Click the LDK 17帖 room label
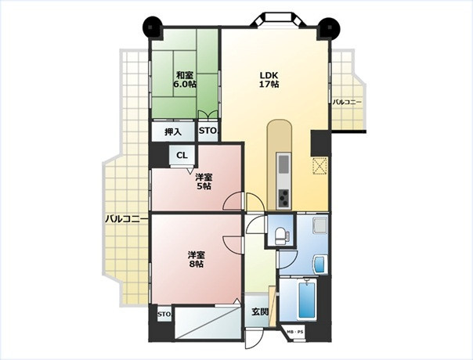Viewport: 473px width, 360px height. (x=269, y=80)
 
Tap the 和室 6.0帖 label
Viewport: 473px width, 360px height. (x=185, y=79)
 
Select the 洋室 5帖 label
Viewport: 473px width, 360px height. (x=204, y=182)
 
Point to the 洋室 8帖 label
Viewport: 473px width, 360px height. (x=197, y=259)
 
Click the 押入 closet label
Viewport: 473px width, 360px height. (x=173, y=131)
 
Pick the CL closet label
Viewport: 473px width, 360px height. (x=182, y=155)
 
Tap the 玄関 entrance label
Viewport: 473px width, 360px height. (x=260, y=311)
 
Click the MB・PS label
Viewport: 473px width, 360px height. (x=295, y=332)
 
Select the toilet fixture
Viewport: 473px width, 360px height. (x=282, y=236)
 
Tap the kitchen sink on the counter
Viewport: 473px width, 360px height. (x=283, y=164)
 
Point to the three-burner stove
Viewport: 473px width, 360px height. (x=283, y=199)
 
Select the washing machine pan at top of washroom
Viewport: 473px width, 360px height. (x=320, y=225)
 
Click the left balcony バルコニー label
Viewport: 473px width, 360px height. (x=126, y=219)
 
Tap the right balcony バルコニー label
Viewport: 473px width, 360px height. (x=347, y=103)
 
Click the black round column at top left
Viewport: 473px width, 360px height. (x=153, y=27)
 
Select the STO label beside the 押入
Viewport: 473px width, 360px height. (x=208, y=131)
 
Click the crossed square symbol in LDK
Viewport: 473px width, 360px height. (x=320, y=166)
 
